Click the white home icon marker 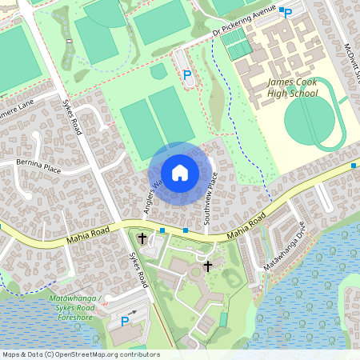point(180,172)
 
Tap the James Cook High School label point(293,88)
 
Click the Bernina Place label point(38,167)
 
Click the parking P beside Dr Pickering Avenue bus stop point(288,14)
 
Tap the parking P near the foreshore point(124,321)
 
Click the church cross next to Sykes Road point(142,238)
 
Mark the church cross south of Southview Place point(208,265)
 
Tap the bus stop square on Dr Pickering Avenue point(281,10)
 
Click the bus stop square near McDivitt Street point(353,165)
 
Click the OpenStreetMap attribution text point(80,354)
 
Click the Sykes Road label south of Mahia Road point(138,270)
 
